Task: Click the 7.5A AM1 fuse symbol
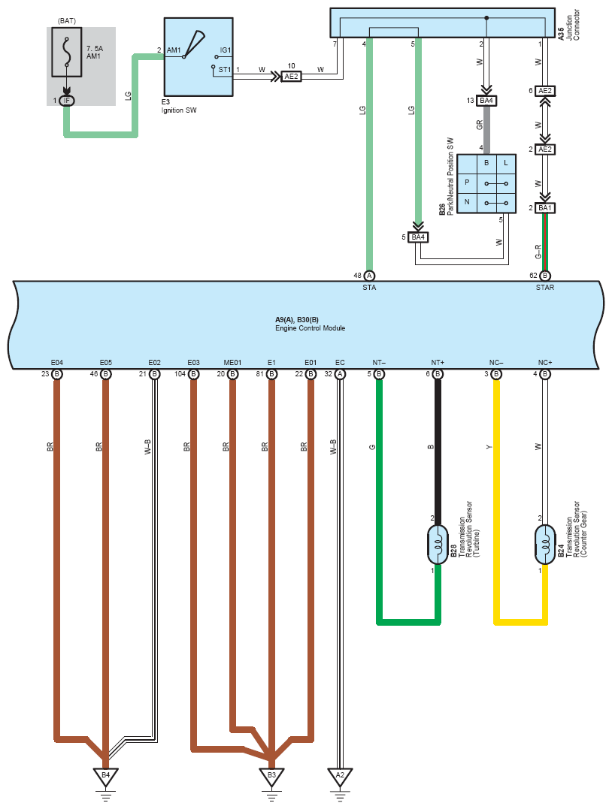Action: (x=67, y=52)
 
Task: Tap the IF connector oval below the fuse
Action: (x=67, y=101)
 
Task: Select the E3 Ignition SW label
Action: (x=179, y=106)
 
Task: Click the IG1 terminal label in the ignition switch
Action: (x=225, y=50)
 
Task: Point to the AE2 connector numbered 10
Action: (x=291, y=77)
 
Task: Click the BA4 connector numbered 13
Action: (x=486, y=101)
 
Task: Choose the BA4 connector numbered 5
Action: (x=418, y=237)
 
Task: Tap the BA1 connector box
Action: (x=545, y=208)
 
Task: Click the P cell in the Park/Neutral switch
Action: (x=467, y=183)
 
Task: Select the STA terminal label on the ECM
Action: (x=369, y=288)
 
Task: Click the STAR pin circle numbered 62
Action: (x=545, y=276)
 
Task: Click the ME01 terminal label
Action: (x=232, y=363)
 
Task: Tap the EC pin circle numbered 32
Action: (x=340, y=374)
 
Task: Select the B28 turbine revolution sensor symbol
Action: (x=438, y=545)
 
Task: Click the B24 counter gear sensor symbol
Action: (x=545, y=545)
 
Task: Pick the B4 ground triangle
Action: (x=106, y=777)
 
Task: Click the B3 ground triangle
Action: (x=271, y=777)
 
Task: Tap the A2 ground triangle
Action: (x=340, y=777)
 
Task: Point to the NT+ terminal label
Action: (x=438, y=363)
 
